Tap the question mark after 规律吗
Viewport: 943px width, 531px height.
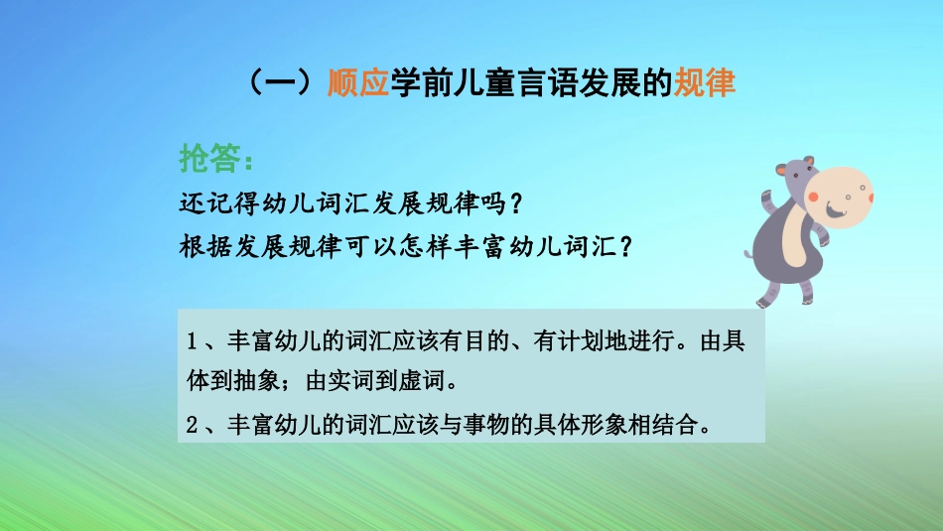(513, 202)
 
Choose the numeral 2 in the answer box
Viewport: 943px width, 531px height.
(192, 426)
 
